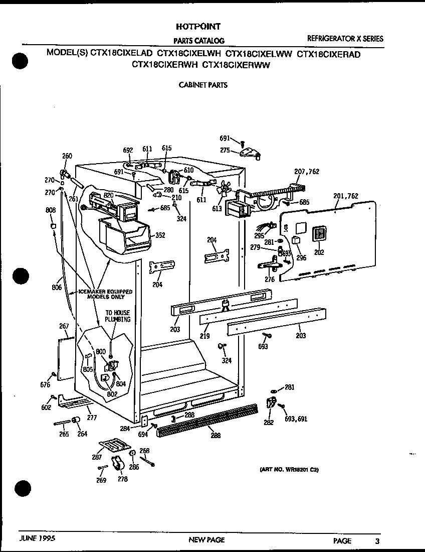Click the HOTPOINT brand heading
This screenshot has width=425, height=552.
pyautogui.click(x=198, y=27)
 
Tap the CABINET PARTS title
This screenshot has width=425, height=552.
pyautogui.click(x=203, y=85)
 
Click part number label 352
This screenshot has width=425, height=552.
pyautogui.click(x=160, y=235)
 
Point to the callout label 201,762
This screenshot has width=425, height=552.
pyautogui.click(x=346, y=196)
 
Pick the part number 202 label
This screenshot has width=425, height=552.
pyautogui.click(x=319, y=252)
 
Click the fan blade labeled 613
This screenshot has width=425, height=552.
pyautogui.click(x=223, y=189)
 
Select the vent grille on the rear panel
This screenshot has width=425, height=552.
pyautogui.click(x=319, y=235)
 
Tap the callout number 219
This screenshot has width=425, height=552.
pyautogui.click(x=204, y=336)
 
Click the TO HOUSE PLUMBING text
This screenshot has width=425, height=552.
pyautogui.click(x=118, y=316)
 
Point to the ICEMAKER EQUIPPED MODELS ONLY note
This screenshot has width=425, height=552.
pyautogui.click(x=98, y=294)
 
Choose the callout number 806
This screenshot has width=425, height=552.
pyautogui.click(x=57, y=288)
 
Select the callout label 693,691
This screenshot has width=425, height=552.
pyautogui.click(x=296, y=419)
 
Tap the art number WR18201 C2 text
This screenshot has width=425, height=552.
pyautogui.click(x=289, y=470)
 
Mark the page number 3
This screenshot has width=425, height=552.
pyautogui.click(x=377, y=540)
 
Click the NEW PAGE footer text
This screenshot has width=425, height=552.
pyautogui.click(x=206, y=540)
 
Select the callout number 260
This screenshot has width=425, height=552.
pyautogui.click(x=67, y=156)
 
